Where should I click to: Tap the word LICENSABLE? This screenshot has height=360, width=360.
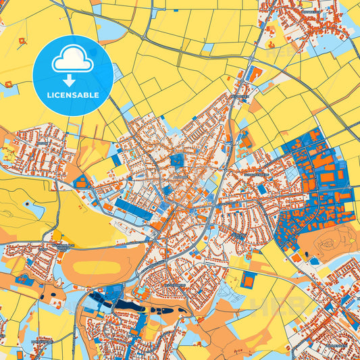point(73,95)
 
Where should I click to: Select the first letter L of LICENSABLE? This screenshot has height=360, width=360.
point(49,95)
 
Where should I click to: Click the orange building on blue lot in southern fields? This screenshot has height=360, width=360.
point(249,280)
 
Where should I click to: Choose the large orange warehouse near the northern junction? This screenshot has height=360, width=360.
point(255,74)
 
